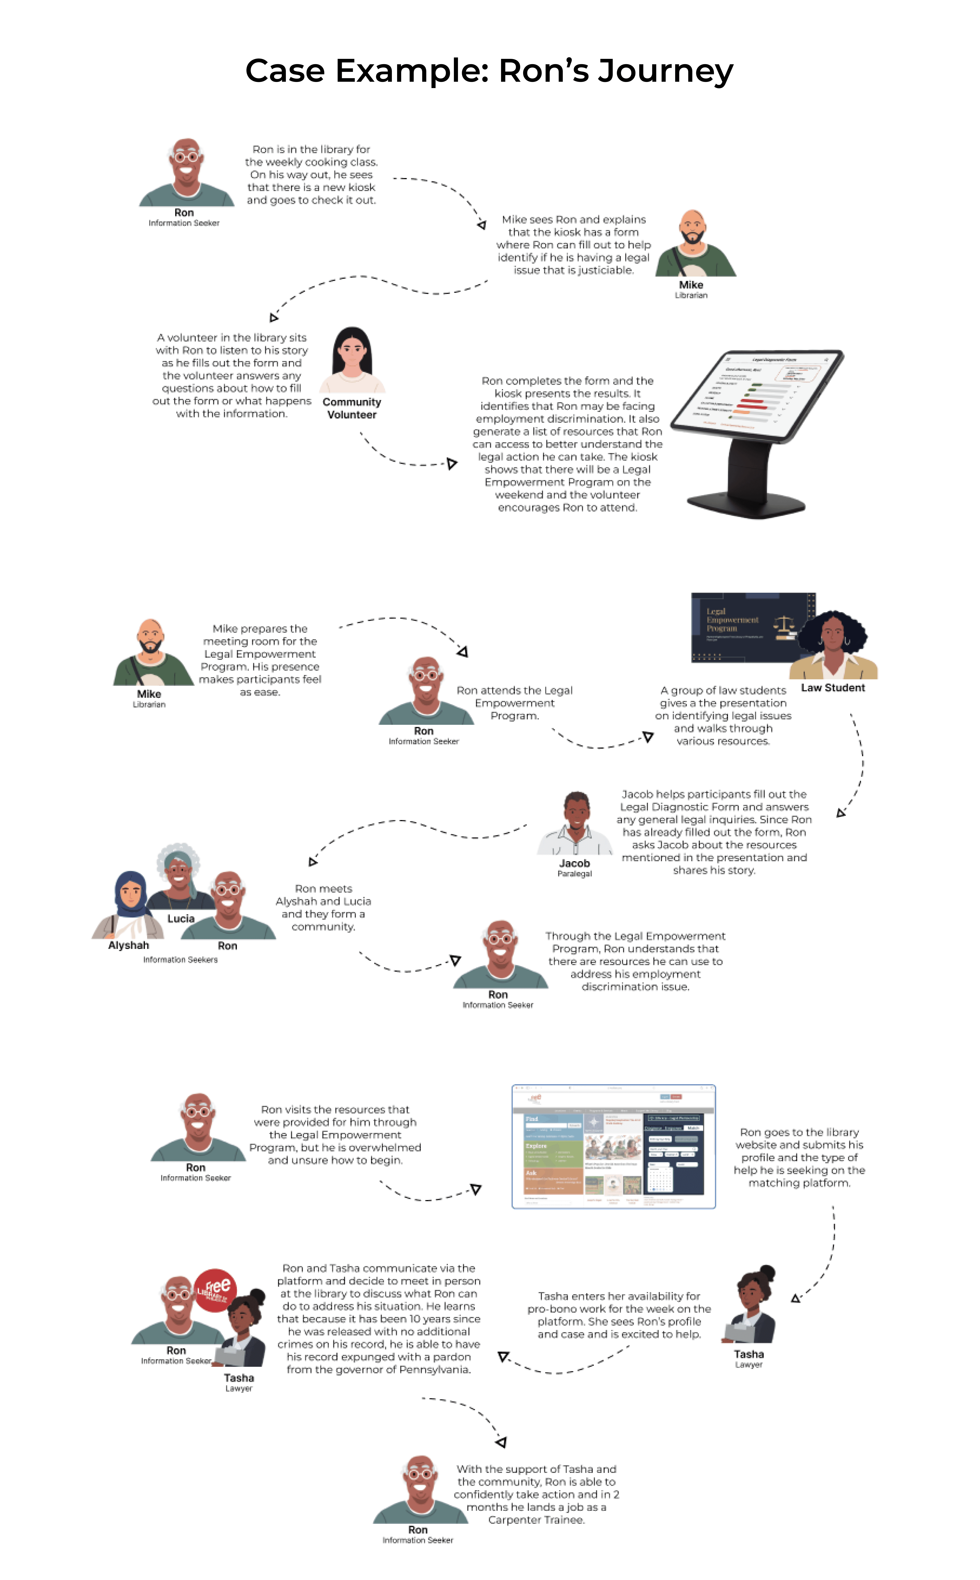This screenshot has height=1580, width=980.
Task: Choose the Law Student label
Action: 833,687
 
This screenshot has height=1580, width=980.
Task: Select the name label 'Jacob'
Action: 574,863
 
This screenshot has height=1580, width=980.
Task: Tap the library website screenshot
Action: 613,1146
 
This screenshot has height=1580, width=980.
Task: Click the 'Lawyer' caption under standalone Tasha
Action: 749,1365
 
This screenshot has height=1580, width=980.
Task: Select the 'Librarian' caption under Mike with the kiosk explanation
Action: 691,295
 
